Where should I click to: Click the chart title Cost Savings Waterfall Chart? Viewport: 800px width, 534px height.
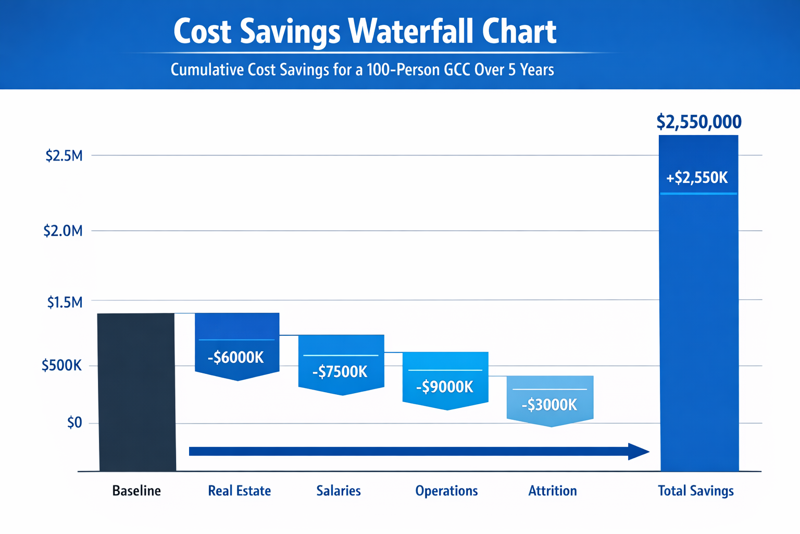pyautogui.click(x=365, y=31)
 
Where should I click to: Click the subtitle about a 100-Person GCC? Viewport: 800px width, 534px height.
pyautogui.click(x=362, y=70)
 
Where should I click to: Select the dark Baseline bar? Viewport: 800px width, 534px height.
pyautogui.click(x=137, y=391)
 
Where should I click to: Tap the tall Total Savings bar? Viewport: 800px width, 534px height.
pyautogui.click(x=698, y=323)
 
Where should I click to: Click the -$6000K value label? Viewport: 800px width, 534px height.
pyautogui.click(x=236, y=358)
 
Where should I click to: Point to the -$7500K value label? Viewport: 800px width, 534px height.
pyautogui.click(x=340, y=372)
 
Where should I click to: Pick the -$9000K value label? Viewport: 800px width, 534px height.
pyautogui.click(x=445, y=387)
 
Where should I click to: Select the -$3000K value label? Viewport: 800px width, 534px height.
pyautogui.click(x=549, y=405)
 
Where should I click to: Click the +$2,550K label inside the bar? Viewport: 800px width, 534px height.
pyautogui.click(x=697, y=178)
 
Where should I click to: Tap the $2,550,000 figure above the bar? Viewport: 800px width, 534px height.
pyautogui.click(x=699, y=122)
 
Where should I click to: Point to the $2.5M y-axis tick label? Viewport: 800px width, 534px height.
pyautogui.click(x=64, y=155)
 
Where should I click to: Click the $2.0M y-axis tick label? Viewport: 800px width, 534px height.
pyautogui.click(x=63, y=230)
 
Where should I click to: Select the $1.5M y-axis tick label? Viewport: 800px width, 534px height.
pyautogui.click(x=65, y=302)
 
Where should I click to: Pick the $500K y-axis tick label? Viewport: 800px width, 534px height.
pyautogui.click(x=61, y=366)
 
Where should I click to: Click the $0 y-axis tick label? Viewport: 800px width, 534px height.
pyautogui.click(x=74, y=422)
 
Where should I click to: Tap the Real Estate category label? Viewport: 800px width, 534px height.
pyautogui.click(x=240, y=491)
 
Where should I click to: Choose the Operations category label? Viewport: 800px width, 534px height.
pyautogui.click(x=446, y=491)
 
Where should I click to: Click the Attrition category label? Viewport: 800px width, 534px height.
pyautogui.click(x=553, y=491)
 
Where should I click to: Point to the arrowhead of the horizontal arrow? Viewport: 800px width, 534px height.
pyautogui.click(x=639, y=452)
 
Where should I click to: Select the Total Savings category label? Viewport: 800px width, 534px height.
pyautogui.click(x=696, y=491)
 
